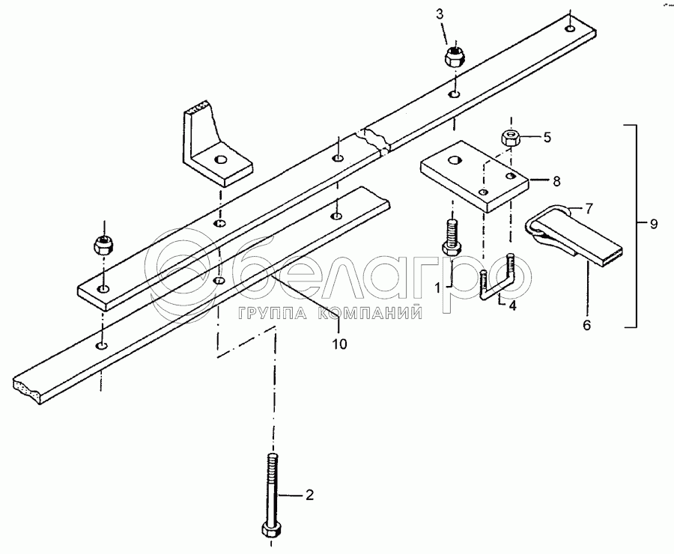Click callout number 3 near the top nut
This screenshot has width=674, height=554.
[x=440, y=15]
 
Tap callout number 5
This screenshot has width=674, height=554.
[x=547, y=137]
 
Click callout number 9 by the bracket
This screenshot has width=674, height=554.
[x=654, y=224]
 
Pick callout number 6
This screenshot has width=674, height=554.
[x=587, y=325]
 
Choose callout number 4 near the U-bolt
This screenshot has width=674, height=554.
[x=513, y=305]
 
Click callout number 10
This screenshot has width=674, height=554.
[x=339, y=344]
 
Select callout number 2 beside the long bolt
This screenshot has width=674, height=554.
[x=308, y=494]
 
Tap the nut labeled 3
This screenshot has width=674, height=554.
[x=455, y=57]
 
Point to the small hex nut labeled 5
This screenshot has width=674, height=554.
[x=510, y=138]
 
